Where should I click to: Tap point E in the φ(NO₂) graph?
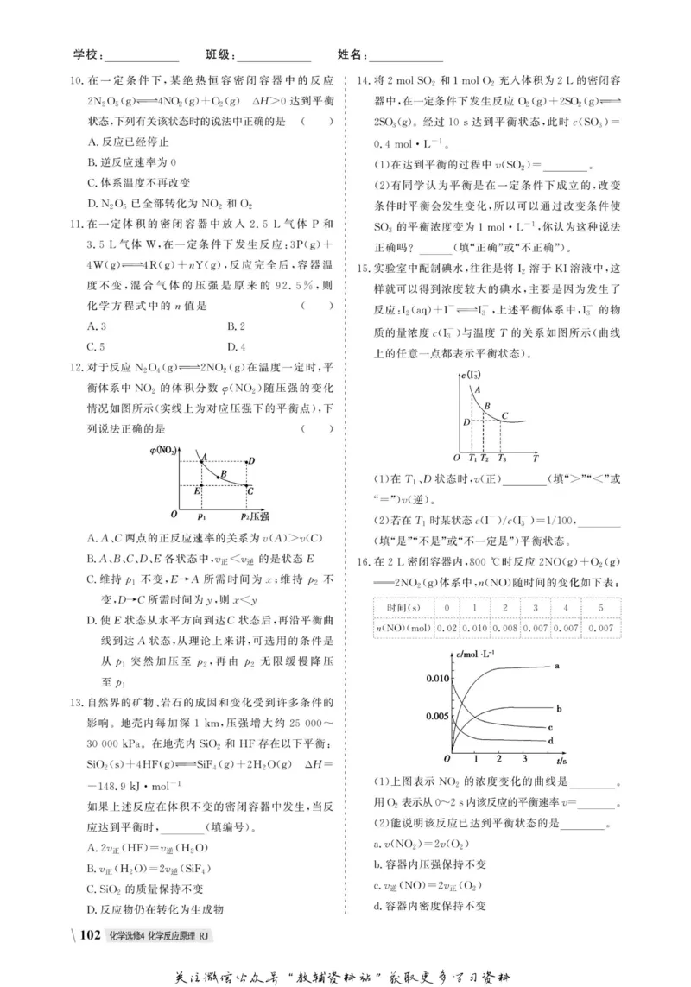pos(199,490)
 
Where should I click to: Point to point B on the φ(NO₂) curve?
pos(223,474)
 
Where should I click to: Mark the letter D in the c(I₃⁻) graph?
pos(466,421)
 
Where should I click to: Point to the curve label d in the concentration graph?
pos(550,740)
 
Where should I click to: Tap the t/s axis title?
pos(561,762)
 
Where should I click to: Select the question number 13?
pos(73,700)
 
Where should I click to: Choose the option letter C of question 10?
pos(92,182)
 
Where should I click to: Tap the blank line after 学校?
pos(142,56)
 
